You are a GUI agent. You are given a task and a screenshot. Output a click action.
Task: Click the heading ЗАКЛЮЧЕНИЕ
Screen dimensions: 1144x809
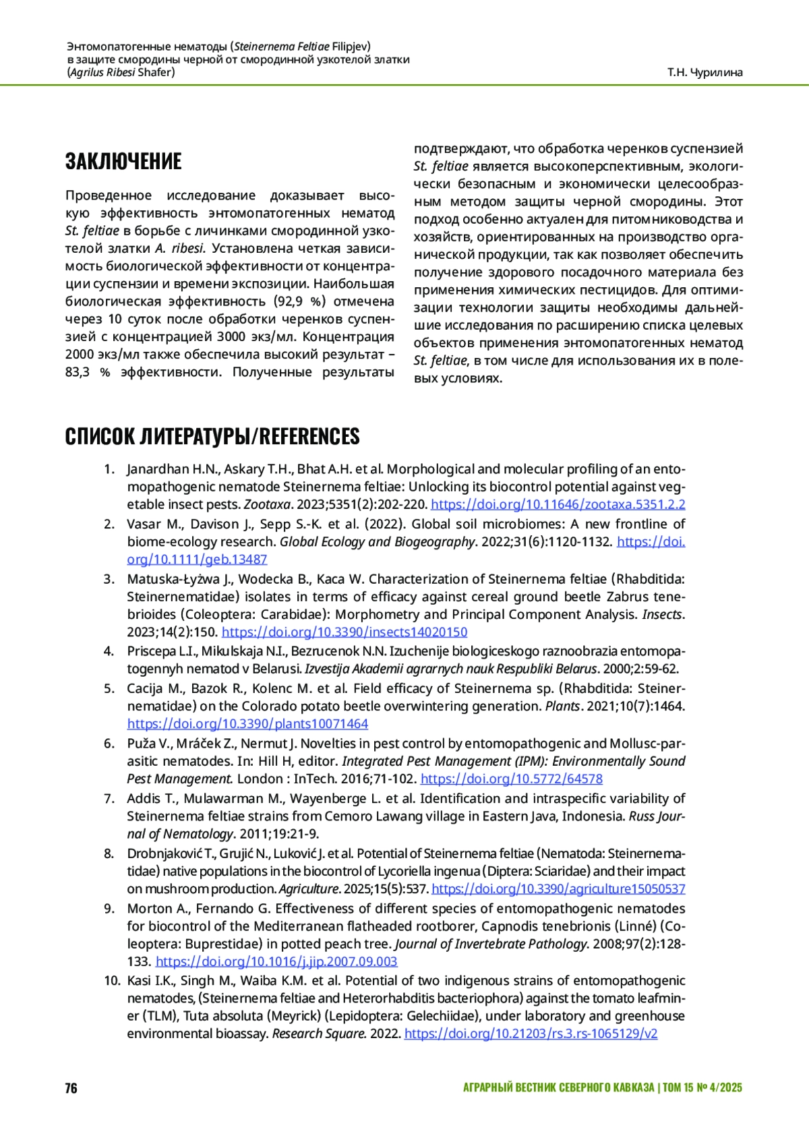[x=123, y=162]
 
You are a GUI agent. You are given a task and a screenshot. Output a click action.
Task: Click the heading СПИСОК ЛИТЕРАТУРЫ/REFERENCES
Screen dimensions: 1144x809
[x=212, y=437]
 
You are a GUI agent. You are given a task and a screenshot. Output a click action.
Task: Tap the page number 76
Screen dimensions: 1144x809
[x=71, y=1088]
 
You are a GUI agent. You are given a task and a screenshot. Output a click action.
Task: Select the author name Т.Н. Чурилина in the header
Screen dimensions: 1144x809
[x=705, y=72]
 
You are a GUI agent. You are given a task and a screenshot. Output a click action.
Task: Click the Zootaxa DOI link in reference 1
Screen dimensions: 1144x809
[x=558, y=504]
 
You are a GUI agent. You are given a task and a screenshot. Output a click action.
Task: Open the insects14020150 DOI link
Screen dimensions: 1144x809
[x=344, y=632]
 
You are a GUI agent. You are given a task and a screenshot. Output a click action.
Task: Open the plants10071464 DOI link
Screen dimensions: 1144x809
[x=247, y=724]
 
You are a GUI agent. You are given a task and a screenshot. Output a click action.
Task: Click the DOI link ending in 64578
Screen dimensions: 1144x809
[x=511, y=779]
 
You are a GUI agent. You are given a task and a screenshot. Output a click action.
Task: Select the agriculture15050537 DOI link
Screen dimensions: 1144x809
[x=558, y=889]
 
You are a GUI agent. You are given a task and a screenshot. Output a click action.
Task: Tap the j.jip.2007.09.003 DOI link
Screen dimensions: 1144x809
[x=276, y=962]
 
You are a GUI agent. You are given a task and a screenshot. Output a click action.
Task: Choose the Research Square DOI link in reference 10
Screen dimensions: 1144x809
[x=531, y=1034]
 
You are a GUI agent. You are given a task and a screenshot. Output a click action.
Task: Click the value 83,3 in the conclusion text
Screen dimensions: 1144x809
[x=78, y=372]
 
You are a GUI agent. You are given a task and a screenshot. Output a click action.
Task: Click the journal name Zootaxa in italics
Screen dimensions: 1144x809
[x=267, y=504]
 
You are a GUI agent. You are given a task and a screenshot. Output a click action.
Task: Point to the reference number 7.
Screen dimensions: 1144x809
[x=109, y=799]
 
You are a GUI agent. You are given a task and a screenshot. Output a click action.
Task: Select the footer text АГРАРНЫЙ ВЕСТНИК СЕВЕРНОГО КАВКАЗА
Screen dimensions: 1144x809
[x=558, y=1088]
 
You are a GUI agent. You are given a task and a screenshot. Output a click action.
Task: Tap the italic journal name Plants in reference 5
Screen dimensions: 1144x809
[x=563, y=706]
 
